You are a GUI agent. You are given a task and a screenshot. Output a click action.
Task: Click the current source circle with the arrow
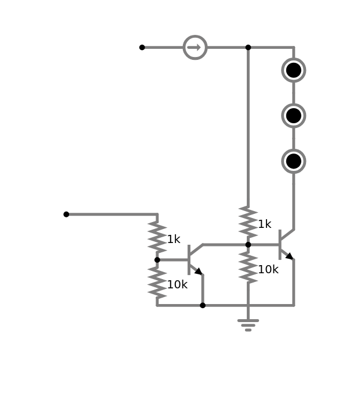coord(195,47)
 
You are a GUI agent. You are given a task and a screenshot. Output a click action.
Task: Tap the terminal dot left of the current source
coord(142,47)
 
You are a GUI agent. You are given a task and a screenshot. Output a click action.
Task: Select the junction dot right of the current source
coord(248,47)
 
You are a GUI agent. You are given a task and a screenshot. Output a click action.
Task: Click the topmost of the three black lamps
coord(294,70)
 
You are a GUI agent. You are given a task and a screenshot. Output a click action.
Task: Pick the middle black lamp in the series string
coord(294,116)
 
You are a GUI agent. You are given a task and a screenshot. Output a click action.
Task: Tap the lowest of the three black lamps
coord(294,161)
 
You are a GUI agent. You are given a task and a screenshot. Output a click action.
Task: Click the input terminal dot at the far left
coord(66,215)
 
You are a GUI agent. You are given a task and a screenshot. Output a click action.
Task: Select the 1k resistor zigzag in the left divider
coord(157,237)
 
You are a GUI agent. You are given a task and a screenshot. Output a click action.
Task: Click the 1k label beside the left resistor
coord(174,240)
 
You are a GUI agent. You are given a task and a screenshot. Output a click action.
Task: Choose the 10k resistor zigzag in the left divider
coord(157,283)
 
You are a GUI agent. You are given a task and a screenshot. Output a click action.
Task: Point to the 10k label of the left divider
coord(177,285)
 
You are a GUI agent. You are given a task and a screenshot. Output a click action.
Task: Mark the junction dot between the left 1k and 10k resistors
coord(157,260)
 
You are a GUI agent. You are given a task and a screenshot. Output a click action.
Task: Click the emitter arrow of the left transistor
coord(198,271)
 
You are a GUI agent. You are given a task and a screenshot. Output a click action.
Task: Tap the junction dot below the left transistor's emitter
coord(203,305)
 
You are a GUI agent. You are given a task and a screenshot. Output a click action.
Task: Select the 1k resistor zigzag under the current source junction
coord(248,221)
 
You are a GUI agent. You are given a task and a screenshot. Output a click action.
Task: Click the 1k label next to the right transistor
coord(264,224)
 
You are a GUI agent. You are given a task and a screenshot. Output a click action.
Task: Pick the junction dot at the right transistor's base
coord(248,245)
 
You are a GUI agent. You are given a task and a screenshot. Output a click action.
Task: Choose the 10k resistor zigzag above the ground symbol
coord(248,267)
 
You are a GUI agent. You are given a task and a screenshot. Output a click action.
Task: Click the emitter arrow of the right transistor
coord(289,256)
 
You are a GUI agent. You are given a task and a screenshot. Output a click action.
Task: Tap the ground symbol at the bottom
coord(248,324)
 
